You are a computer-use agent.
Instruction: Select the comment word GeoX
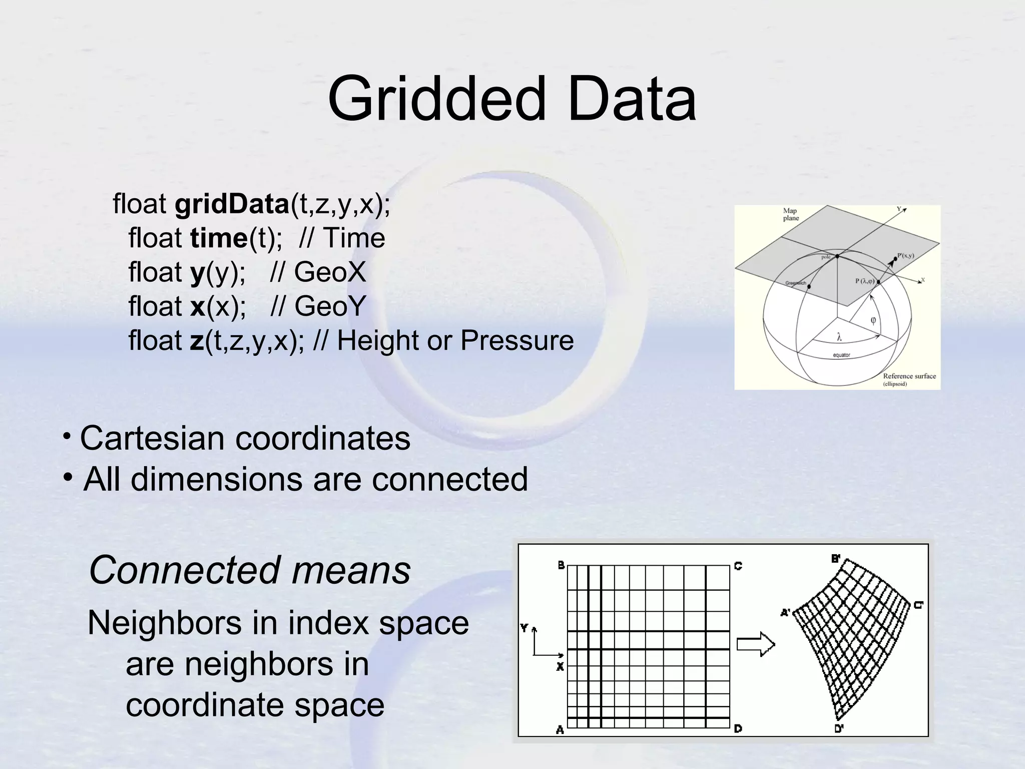330,272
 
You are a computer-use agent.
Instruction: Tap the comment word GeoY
330,306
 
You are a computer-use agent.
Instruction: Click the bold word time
219,238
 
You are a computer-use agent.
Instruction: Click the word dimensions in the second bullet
217,479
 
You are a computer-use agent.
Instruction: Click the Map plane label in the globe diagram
791,215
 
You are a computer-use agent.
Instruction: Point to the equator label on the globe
841,355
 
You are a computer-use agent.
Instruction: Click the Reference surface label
909,376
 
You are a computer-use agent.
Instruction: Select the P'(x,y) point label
905,256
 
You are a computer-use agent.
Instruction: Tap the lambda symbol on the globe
839,338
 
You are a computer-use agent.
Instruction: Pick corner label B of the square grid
561,565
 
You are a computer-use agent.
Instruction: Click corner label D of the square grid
738,729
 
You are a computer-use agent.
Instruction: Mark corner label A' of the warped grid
786,612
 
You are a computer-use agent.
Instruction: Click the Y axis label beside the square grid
524,628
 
